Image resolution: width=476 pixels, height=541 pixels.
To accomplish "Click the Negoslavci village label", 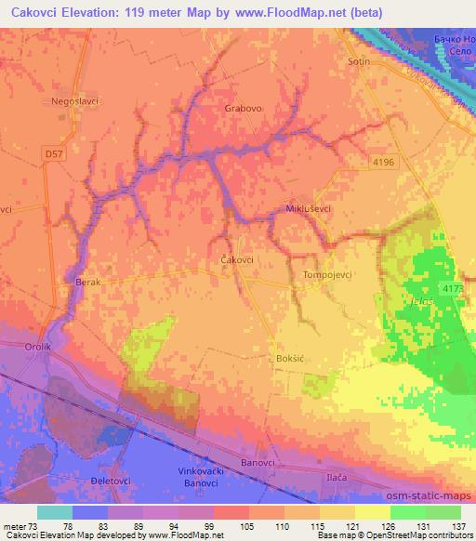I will pos(75,100).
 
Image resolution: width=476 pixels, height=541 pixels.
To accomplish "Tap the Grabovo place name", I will pos(244,108).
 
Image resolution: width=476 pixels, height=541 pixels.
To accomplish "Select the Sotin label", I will pos(358,61).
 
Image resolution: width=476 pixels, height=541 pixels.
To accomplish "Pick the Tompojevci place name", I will pos(326,275).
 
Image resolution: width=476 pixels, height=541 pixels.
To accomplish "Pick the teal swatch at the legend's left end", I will pos(54,512).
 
